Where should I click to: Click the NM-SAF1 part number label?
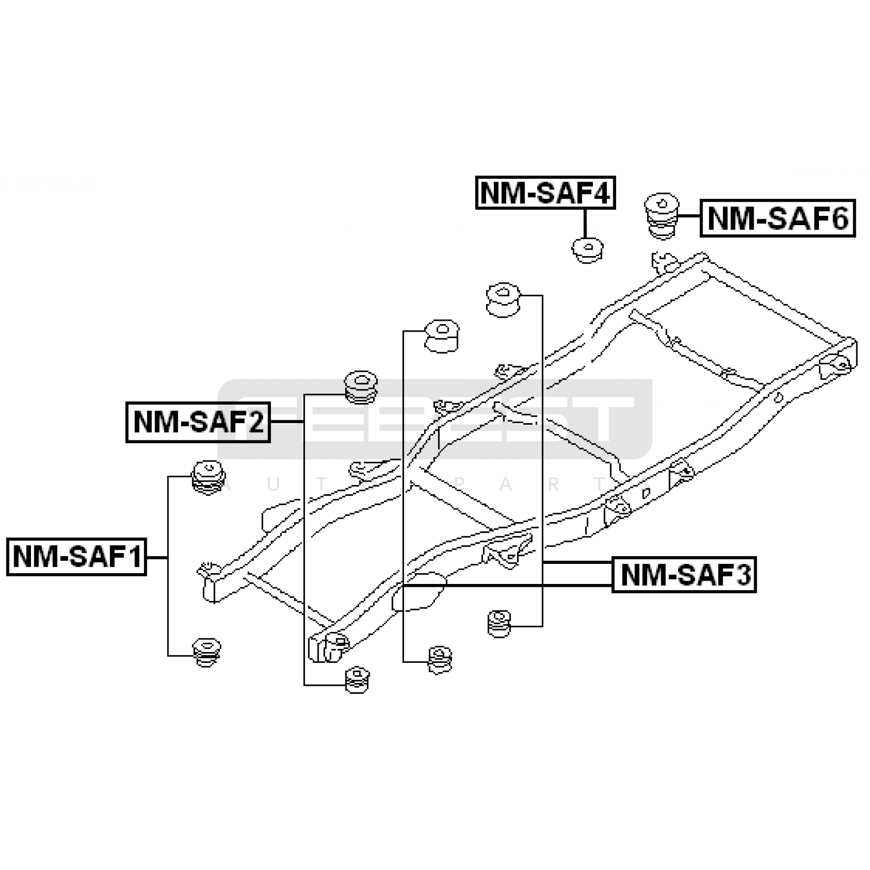(x=77, y=557)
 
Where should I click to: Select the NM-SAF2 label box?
(x=198, y=422)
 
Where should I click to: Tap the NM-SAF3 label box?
(x=685, y=574)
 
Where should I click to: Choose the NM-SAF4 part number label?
(x=545, y=192)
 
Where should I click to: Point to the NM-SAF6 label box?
(x=778, y=219)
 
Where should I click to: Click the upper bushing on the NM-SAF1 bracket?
(x=209, y=477)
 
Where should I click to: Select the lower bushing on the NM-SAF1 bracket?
(x=207, y=651)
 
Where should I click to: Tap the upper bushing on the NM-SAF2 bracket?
(x=361, y=387)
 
